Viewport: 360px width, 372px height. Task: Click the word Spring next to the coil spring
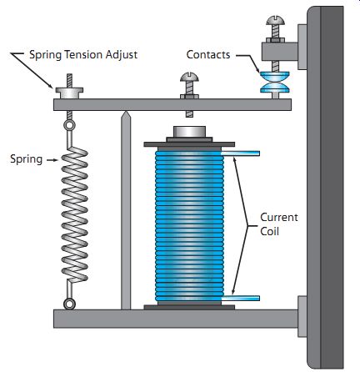click(x=27, y=159)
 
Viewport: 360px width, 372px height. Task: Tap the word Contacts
click(x=208, y=54)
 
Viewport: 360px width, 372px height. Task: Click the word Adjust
click(x=122, y=55)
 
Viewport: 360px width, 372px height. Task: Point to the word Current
click(x=279, y=217)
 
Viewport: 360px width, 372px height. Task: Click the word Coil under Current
click(x=269, y=231)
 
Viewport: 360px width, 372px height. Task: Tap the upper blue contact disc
click(x=275, y=75)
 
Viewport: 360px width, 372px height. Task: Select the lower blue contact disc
click(x=275, y=88)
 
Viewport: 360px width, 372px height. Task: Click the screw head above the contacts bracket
click(x=275, y=21)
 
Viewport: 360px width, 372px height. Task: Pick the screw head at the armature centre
click(x=189, y=77)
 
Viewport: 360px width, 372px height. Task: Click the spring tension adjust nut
click(x=69, y=93)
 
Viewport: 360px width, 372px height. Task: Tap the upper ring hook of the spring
click(x=69, y=125)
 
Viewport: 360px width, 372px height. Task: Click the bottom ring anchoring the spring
click(x=69, y=304)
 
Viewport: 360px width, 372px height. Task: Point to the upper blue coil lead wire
click(x=241, y=153)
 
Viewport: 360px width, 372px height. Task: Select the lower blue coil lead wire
click(x=241, y=299)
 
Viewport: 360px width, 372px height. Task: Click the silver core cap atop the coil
click(x=189, y=132)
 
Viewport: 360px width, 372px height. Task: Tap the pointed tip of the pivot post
click(x=126, y=111)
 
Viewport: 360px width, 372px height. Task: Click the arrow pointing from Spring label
click(x=52, y=160)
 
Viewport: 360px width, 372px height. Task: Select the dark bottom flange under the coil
click(x=189, y=307)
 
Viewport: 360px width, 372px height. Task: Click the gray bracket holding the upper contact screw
click(x=279, y=51)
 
